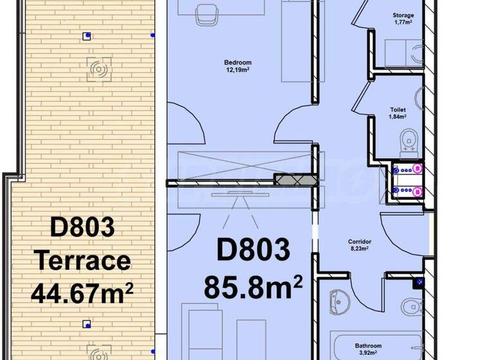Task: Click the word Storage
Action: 403,15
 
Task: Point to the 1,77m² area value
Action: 403,22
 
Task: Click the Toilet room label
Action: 398,110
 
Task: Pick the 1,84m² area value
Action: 398,117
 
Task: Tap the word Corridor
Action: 360,242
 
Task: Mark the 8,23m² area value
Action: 360,248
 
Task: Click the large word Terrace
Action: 82,261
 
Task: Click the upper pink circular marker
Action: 417,169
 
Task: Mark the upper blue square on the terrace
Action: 87,36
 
